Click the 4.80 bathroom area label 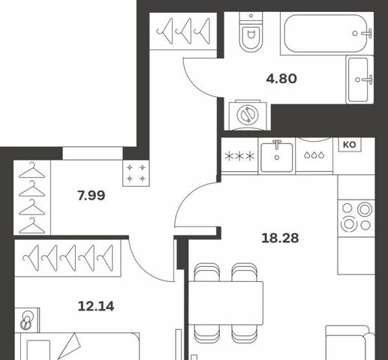[x=281, y=79]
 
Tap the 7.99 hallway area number [x=92, y=196]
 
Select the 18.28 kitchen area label [x=280, y=238]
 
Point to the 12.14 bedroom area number [x=96, y=306]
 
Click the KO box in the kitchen [x=350, y=145]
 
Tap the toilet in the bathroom [x=251, y=31]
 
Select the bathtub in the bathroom [x=326, y=33]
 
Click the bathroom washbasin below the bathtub [x=359, y=79]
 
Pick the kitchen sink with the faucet [x=277, y=157]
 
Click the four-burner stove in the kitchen [x=356, y=218]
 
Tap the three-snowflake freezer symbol [x=239, y=157]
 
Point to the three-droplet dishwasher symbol [x=314, y=155]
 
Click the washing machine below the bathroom [x=248, y=115]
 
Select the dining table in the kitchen [x=226, y=303]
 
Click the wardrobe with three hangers [x=183, y=31]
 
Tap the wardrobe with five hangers [x=68, y=258]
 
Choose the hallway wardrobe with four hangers [x=32, y=197]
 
